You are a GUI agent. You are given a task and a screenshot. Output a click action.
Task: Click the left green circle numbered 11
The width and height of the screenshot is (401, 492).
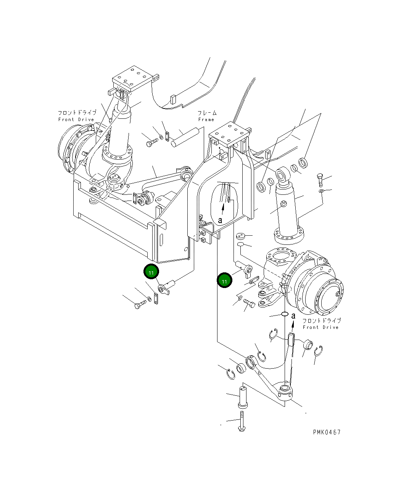(151, 272)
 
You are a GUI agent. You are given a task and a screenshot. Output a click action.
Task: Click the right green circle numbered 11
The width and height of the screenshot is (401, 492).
(224, 281)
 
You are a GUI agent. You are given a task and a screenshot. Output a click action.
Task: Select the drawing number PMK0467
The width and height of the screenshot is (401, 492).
(327, 432)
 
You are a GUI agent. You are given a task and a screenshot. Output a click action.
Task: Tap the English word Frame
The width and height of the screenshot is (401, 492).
(206, 120)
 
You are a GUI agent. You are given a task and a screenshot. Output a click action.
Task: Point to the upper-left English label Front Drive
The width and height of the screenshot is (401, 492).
(76, 120)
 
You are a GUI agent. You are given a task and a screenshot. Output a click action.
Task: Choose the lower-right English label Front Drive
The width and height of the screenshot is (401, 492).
(320, 327)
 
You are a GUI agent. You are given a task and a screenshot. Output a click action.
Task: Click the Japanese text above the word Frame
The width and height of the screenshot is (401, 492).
(207, 113)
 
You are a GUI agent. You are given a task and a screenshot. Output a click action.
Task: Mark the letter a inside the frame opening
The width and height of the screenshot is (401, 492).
(220, 220)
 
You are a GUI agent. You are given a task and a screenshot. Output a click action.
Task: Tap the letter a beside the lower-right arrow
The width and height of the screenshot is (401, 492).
(293, 316)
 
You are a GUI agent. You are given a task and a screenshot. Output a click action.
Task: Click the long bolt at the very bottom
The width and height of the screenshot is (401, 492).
(242, 422)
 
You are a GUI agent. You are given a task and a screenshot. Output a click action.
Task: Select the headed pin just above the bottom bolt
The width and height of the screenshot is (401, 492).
(243, 397)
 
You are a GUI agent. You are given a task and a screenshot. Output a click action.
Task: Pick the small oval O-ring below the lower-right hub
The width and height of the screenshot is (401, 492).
(285, 314)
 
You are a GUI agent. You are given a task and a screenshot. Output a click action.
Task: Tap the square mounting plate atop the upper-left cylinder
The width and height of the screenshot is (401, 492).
(130, 79)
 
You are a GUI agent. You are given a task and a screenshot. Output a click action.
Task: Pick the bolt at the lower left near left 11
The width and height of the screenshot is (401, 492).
(140, 304)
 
